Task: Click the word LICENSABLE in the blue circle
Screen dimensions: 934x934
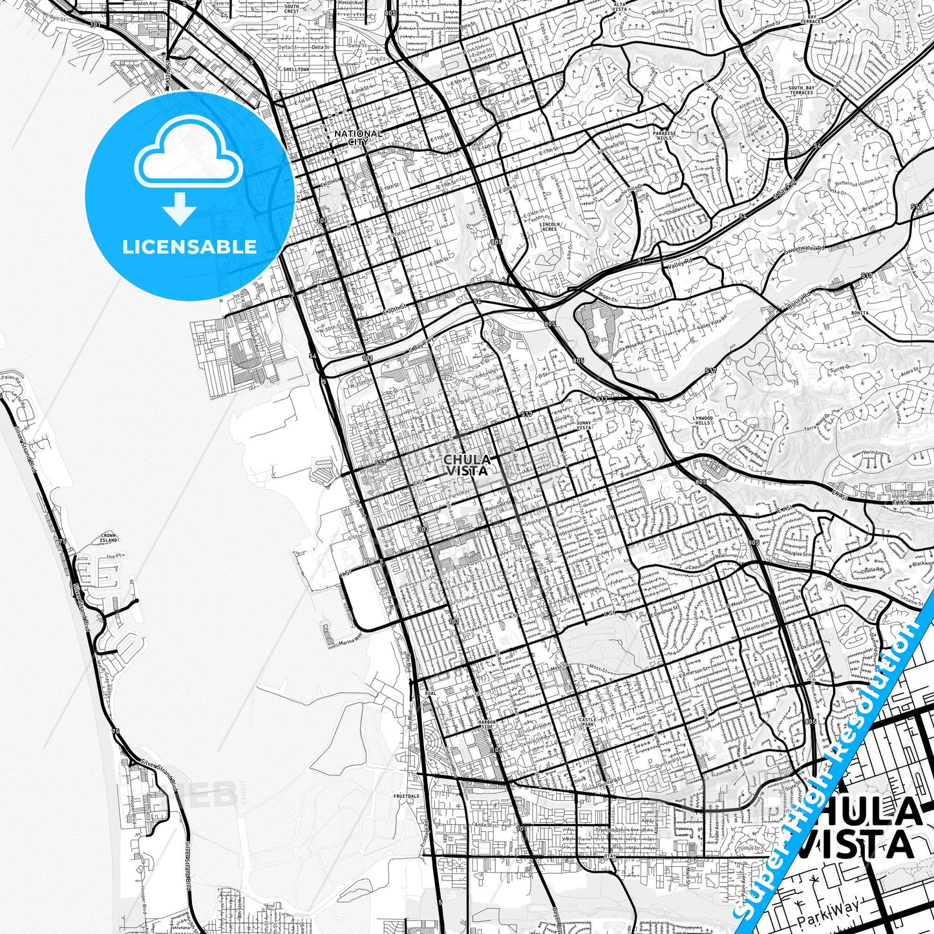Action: [x=189, y=246]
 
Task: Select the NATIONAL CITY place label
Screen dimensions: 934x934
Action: [x=358, y=137]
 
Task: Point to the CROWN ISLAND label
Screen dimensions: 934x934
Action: [x=109, y=538]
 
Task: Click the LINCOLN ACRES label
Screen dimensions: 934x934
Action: [x=549, y=227]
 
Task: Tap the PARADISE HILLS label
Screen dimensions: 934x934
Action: [x=664, y=136]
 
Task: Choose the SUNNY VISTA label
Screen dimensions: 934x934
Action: [x=584, y=425]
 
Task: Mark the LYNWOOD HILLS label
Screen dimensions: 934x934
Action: [x=703, y=421]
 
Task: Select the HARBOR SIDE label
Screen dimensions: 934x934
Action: [x=486, y=725]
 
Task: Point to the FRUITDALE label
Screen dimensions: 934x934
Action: [x=407, y=796]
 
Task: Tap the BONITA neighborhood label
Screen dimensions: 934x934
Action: [x=860, y=312]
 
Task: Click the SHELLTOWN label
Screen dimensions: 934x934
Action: [x=296, y=69]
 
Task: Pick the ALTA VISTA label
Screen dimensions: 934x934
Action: [x=619, y=7]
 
